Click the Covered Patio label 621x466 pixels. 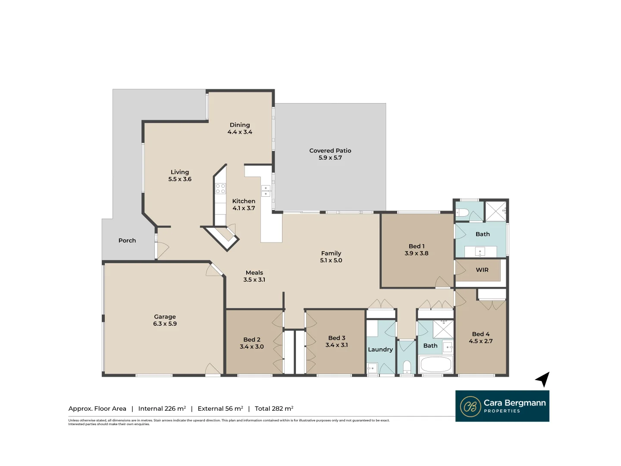[330, 151]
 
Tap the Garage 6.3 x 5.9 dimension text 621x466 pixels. [165, 324]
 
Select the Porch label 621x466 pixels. [127, 240]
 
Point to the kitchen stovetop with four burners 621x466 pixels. [220, 188]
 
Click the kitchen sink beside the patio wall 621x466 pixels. [266, 191]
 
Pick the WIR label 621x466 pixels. [482, 270]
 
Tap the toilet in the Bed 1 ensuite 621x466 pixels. [463, 212]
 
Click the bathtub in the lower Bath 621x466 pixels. [436, 365]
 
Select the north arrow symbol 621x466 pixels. [543, 379]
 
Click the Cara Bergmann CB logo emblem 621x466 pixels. [470, 406]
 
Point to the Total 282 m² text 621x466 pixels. [274, 409]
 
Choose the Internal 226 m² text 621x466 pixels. [162, 409]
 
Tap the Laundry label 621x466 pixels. [380, 349]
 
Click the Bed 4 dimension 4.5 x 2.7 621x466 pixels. [481, 341]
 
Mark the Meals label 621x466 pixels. [254, 273]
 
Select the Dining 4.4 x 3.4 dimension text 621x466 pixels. [240, 132]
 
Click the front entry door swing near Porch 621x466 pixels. [162, 250]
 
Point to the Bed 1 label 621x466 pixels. [417, 246]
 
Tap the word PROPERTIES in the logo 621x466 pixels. [502, 411]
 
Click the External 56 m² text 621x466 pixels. [220, 409]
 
